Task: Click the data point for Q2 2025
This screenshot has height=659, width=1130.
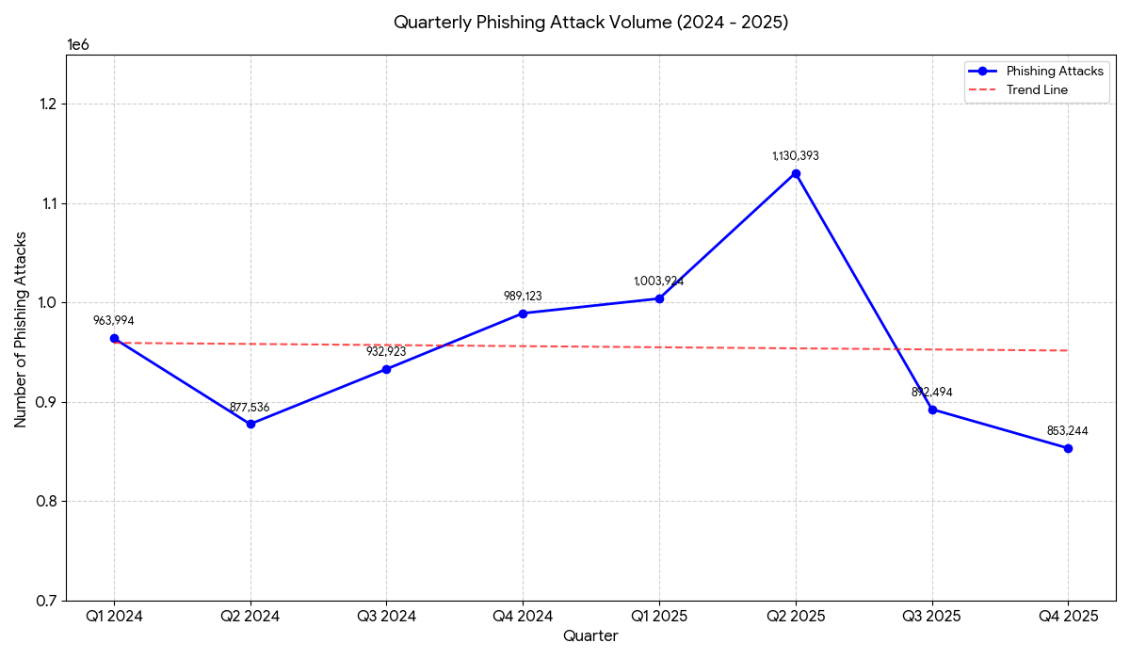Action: pyautogui.click(x=796, y=173)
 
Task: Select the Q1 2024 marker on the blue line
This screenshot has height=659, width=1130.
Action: pyautogui.click(x=114, y=338)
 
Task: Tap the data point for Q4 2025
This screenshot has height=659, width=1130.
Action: pyautogui.click(x=1068, y=448)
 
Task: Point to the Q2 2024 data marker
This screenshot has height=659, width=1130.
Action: pyautogui.click(x=250, y=424)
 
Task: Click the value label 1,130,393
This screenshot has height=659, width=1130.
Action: pyautogui.click(x=796, y=156)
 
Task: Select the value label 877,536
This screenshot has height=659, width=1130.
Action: pyautogui.click(x=250, y=408)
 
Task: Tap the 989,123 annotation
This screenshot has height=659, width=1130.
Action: pyautogui.click(x=523, y=297)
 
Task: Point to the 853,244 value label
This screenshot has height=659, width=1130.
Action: pyautogui.click(x=1068, y=431)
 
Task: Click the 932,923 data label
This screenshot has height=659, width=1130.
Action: pyautogui.click(x=386, y=352)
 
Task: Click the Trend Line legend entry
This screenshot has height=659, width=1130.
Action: pyautogui.click(x=1037, y=90)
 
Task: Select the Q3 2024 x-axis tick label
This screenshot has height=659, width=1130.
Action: pyautogui.click(x=386, y=617)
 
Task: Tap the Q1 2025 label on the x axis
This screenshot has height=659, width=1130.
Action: pyautogui.click(x=659, y=617)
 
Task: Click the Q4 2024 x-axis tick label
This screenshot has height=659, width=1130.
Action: pyautogui.click(x=523, y=617)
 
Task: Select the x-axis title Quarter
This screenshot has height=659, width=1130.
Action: pyautogui.click(x=590, y=636)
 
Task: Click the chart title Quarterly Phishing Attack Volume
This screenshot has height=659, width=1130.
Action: pyautogui.click(x=590, y=23)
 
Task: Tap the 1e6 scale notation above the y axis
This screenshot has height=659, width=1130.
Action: pyautogui.click(x=78, y=44)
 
